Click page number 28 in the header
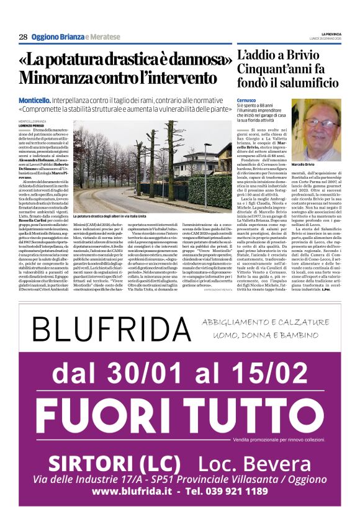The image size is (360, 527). click(x=23, y=37)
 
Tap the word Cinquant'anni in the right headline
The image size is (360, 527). click(x=271, y=68)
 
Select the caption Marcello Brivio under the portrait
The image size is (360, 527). click(x=304, y=164)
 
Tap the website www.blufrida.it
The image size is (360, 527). click(x=132, y=490)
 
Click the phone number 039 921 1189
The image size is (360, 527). click(x=240, y=490)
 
